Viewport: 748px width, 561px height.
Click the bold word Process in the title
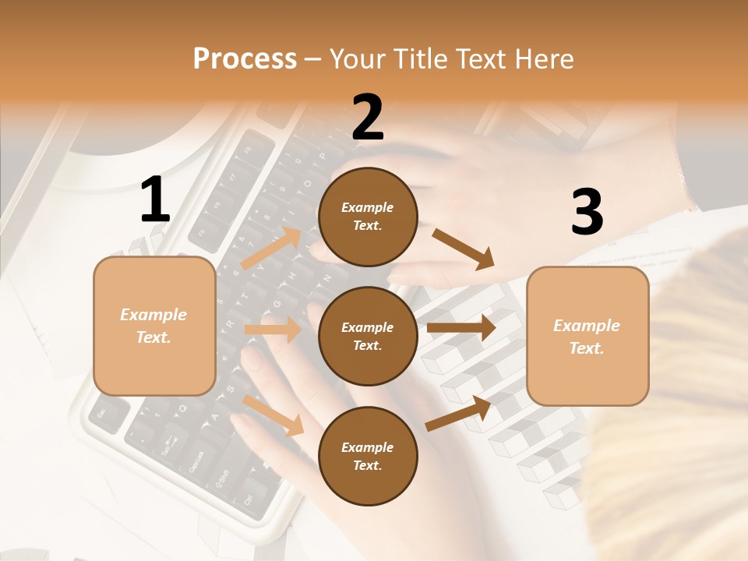point(245,58)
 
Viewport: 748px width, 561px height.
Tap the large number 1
point(155,201)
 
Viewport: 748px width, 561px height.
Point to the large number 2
point(368,118)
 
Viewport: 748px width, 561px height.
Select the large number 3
point(587,212)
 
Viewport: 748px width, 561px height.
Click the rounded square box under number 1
point(154,326)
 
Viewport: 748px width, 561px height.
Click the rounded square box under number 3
point(587,336)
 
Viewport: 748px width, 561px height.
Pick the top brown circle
point(368,217)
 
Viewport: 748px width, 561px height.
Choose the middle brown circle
point(368,336)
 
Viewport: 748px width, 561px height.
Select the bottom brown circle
point(368,456)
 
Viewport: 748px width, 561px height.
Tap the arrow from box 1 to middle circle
point(273,330)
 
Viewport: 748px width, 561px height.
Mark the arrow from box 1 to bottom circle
point(273,415)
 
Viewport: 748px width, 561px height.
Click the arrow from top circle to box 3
point(463,249)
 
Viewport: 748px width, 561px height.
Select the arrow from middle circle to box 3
point(460,328)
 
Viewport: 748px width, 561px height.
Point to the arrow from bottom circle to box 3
point(458,414)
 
